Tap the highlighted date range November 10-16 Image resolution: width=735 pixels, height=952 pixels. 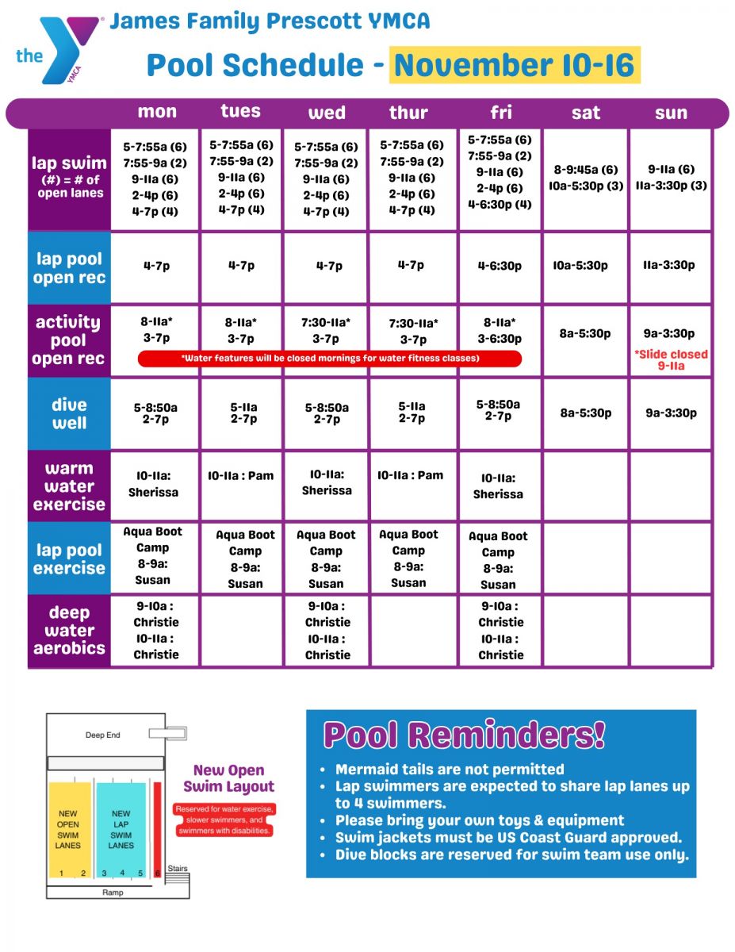(515, 65)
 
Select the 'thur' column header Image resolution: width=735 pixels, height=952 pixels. (408, 113)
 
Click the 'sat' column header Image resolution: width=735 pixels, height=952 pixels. (586, 113)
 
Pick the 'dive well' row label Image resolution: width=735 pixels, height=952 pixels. (69, 413)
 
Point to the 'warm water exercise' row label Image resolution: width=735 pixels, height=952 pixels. (69, 486)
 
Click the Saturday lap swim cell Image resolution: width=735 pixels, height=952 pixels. (586, 178)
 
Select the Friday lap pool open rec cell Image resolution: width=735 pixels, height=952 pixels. (500, 266)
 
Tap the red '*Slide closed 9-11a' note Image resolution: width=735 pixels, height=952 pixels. (671, 360)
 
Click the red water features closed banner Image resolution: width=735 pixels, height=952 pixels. (330, 359)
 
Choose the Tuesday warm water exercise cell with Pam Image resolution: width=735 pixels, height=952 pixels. (241, 476)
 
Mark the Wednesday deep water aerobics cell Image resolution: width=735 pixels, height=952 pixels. (327, 631)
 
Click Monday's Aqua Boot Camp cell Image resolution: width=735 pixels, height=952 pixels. (152, 555)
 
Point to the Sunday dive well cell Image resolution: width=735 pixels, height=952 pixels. (671, 413)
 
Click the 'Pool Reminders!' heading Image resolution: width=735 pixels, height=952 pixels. (464, 735)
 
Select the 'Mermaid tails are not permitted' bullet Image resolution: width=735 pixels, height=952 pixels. (450, 769)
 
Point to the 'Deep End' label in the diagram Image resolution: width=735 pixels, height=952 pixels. (103, 735)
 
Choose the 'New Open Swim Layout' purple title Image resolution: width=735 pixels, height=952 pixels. (229, 778)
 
